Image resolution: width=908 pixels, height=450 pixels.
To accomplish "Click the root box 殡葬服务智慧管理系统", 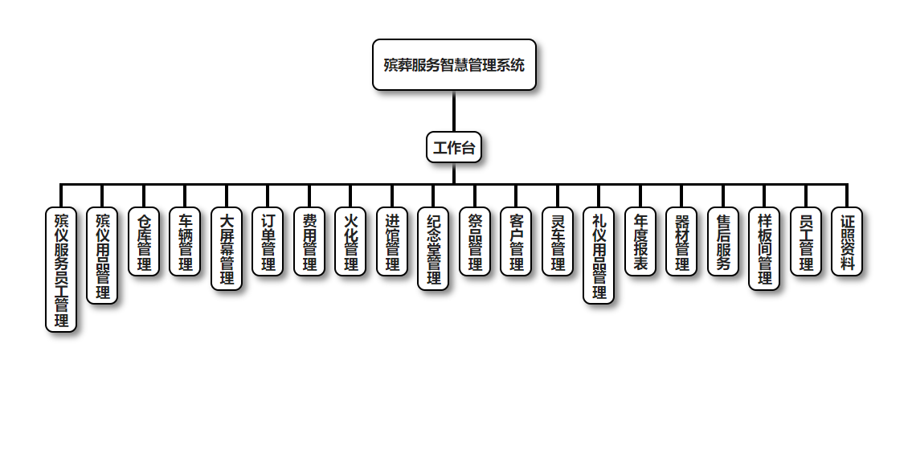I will pos(454,65).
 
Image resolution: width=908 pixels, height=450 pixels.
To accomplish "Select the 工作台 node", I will pos(454,148).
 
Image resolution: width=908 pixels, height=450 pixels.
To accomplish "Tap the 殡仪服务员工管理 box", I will pos(61,269).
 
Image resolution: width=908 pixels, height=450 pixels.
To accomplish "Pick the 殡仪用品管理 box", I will pos(102,256).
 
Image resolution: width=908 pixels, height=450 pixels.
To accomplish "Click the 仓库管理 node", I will pos(144,242).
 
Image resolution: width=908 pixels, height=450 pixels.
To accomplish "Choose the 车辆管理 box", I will pos(185,242).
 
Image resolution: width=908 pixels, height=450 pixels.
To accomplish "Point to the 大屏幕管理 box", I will pos(227,248).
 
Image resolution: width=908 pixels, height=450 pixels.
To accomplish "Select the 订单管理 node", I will pos(268,242).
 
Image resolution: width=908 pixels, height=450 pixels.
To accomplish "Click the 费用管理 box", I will pos(309,242).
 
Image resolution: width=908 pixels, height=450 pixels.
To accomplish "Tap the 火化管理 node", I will pos(350,242).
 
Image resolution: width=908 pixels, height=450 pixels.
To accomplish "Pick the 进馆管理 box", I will pos(392,242).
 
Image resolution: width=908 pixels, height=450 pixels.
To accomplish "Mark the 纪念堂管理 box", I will pos(433,248).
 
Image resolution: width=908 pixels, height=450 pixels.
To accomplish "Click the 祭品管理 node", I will pos(475,242).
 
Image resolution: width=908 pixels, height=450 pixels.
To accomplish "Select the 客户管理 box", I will pos(516,242).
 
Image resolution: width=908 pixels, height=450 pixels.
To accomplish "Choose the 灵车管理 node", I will pos(558,242).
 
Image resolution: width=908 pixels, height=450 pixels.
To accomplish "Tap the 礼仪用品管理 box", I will pos(599,256).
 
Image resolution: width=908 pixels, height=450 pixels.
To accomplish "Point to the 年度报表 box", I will pos(640,242).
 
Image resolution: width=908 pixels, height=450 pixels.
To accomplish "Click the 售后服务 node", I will pos(723,242).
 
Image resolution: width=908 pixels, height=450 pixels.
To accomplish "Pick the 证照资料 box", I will pos(847,242).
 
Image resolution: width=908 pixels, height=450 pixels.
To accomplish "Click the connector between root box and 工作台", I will pos(454,111).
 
